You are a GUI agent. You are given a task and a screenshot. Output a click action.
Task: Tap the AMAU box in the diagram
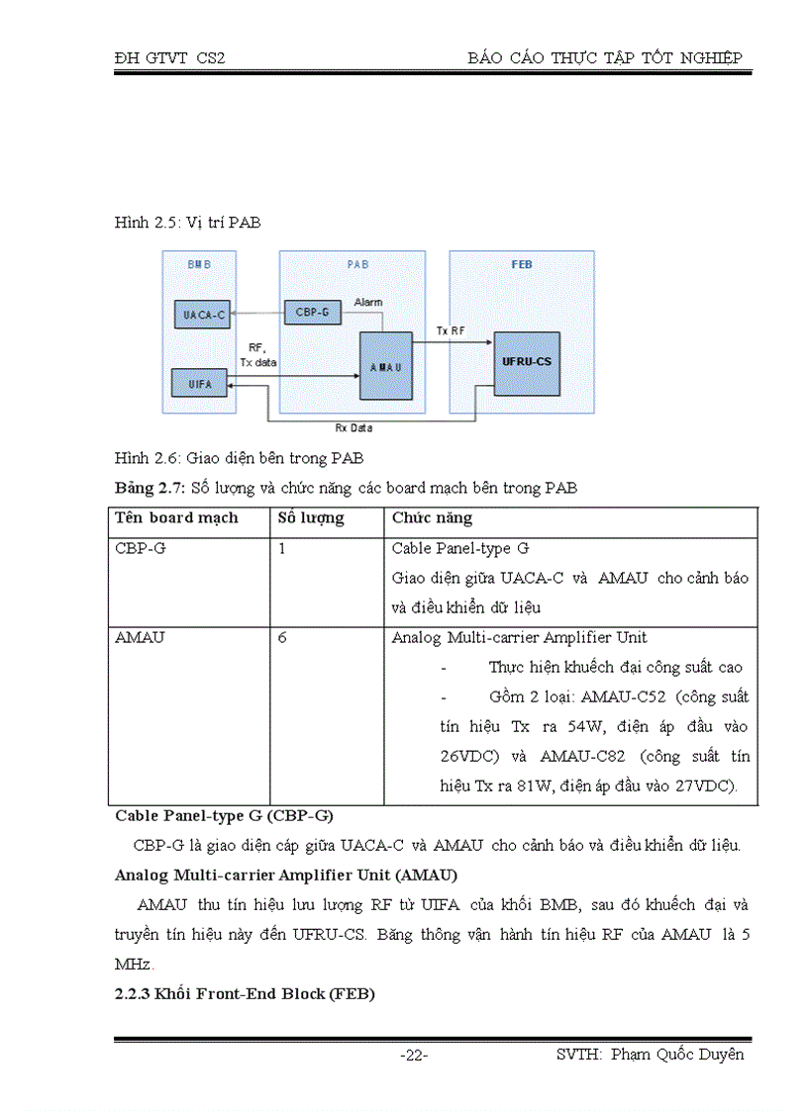pyautogui.click(x=384, y=365)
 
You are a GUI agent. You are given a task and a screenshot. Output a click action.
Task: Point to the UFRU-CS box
pyautogui.click(x=529, y=361)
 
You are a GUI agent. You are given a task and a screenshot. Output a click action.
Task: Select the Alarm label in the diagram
pyautogui.click(x=368, y=302)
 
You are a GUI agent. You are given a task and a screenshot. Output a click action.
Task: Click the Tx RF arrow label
pyautogui.click(x=452, y=331)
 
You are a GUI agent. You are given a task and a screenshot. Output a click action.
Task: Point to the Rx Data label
pyautogui.click(x=353, y=428)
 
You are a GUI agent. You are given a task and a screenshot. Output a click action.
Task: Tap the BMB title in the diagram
pyautogui.click(x=198, y=265)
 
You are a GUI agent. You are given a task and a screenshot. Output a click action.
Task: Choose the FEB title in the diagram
pyautogui.click(x=522, y=265)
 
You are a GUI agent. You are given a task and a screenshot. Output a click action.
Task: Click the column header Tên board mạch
pyautogui.click(x=176, y=518)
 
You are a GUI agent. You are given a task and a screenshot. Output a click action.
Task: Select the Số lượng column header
pyautogui.click(x=311, y=518)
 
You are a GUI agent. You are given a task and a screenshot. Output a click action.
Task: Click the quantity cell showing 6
pyautogui.click(x=282, y=637)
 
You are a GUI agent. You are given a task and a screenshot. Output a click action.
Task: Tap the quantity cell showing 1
pyautogui.click(x=282, y=548)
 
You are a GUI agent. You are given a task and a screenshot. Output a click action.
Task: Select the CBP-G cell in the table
pyautogui.click(x=141, y=548)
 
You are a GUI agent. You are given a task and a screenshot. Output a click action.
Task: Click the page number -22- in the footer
pyautogui.click(x=414, y=1056)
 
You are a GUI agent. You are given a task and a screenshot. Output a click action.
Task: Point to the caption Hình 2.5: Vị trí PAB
pyautogui.click(x=188, y=223)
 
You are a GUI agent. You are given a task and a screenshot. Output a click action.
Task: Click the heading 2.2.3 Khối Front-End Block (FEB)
pyautogui.click(x=245, y=994)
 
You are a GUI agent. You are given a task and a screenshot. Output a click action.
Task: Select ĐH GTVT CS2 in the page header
pyautogui.click(x=170, y=58)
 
